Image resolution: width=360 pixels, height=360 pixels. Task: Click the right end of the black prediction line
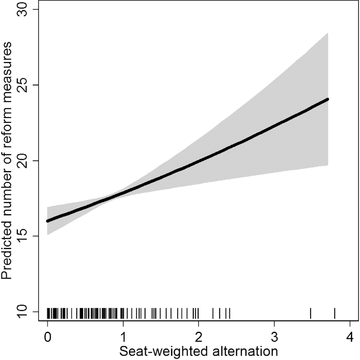328,99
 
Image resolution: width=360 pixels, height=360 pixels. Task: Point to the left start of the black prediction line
48,221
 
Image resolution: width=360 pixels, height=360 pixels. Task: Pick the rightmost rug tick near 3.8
335,311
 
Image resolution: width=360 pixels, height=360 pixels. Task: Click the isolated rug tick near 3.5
311,311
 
